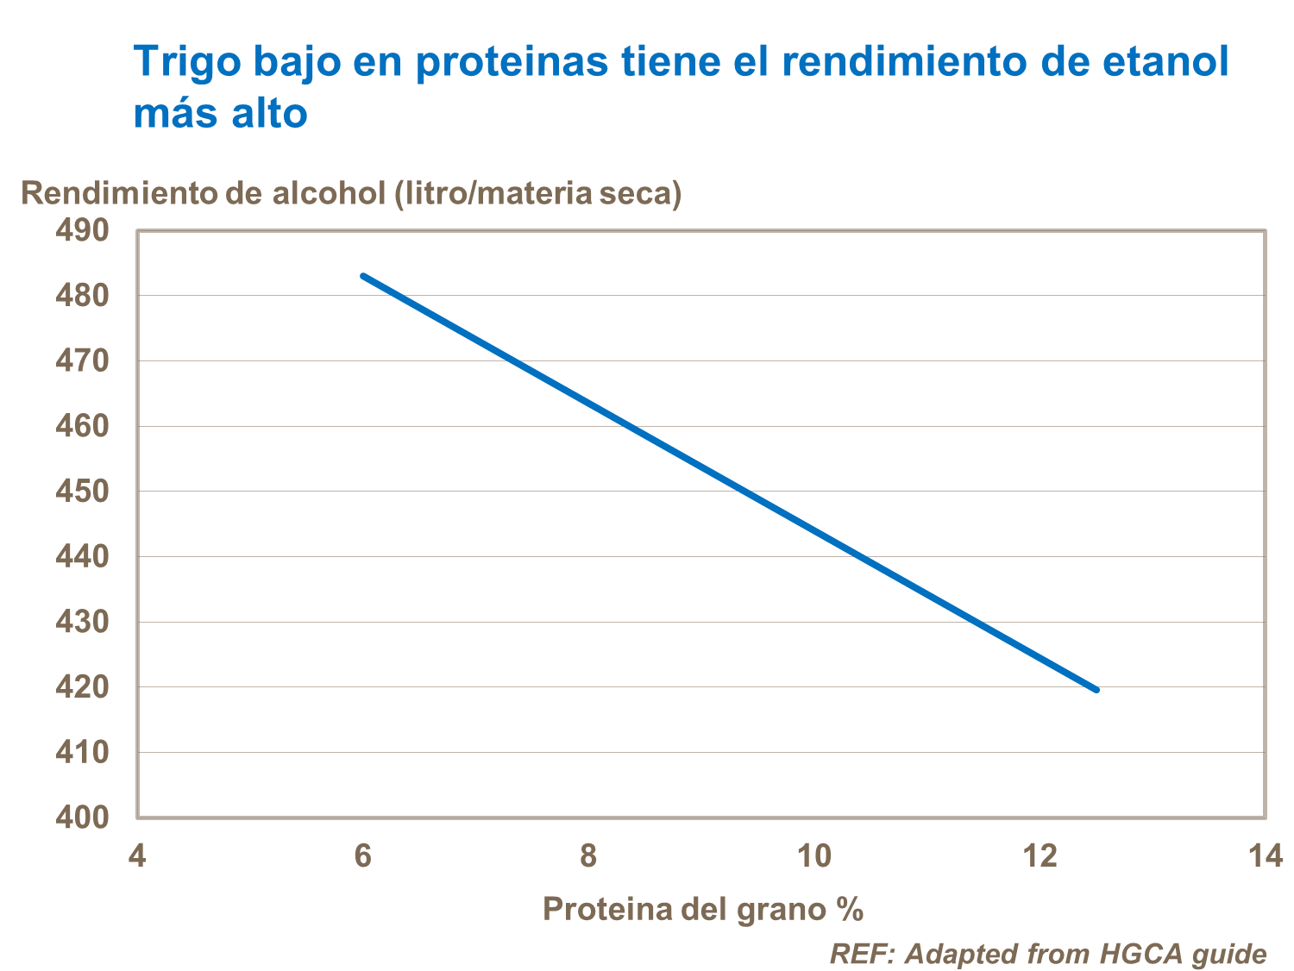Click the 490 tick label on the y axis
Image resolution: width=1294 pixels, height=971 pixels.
[82, 230]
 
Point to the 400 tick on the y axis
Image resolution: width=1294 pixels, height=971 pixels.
[82, 817]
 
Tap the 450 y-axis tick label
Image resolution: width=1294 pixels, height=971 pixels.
[82, 491]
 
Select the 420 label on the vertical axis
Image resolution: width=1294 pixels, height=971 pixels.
[82, 686]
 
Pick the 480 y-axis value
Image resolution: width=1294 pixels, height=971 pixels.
[82, 295]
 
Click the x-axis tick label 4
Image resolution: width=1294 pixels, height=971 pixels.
[137, 856]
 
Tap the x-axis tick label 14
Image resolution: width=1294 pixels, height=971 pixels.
[1265, 856]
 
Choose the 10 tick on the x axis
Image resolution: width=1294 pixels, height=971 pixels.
[813, 856]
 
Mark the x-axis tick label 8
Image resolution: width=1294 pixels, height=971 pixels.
[588, 856]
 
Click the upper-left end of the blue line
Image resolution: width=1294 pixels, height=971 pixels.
[363, 276]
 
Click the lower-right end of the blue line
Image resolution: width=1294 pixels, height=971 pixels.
[1096, 690]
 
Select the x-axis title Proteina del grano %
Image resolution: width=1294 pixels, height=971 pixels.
[702, 909]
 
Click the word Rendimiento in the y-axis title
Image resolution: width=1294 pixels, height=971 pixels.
[120, 193]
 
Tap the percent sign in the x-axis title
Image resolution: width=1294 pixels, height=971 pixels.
[849, 909]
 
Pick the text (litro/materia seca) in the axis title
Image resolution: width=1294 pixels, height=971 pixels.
[537, 193]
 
